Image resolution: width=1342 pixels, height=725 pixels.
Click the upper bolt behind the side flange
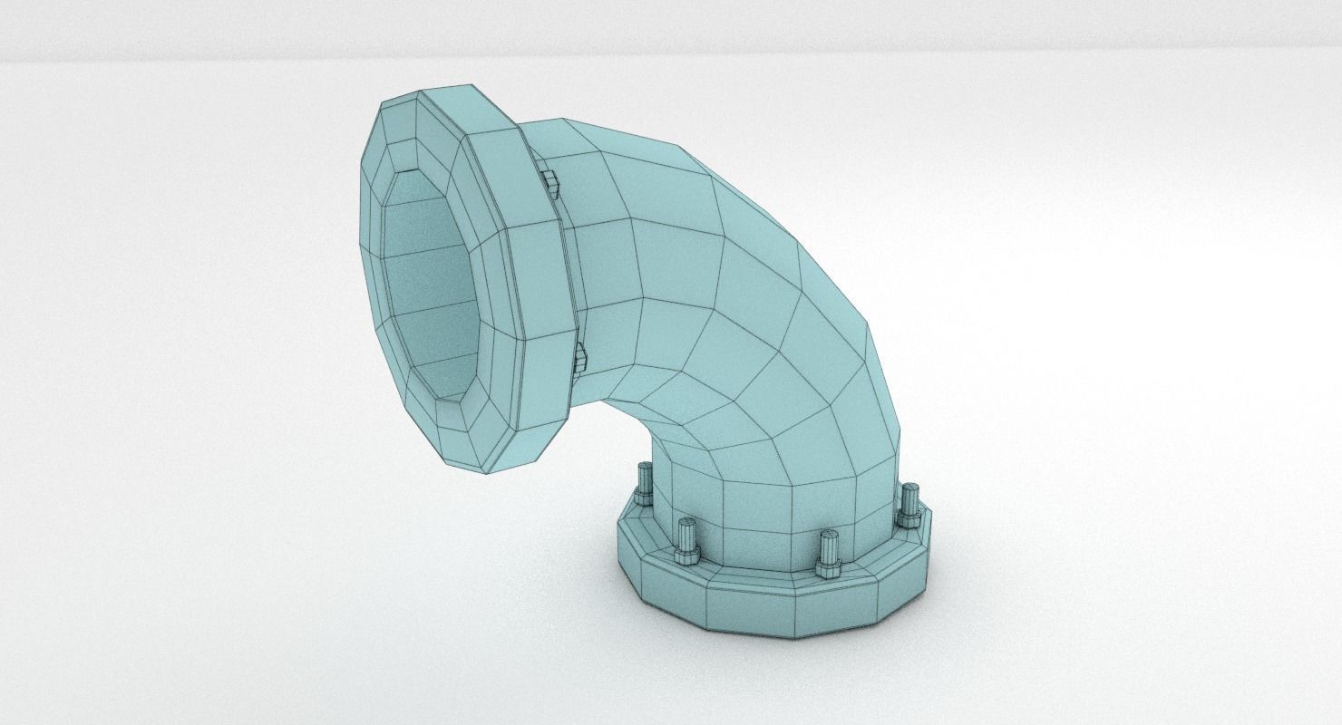(549, 182)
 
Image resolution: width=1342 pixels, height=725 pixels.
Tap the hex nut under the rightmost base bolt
(908, 519)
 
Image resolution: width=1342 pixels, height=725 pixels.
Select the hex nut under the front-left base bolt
(686, 555)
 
